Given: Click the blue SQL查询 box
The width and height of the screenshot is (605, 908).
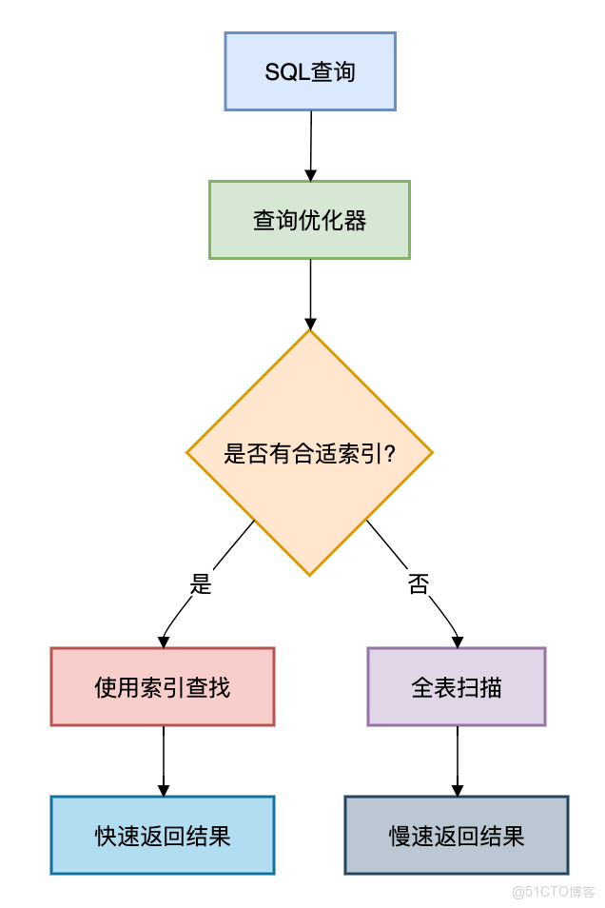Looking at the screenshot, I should [x=309, y=71].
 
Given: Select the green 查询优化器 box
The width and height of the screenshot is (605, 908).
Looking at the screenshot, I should [x=309, y=220].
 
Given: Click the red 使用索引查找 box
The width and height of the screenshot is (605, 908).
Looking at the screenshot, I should [x=162, y=686].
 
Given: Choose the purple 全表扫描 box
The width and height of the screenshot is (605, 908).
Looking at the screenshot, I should [x=457, y=686].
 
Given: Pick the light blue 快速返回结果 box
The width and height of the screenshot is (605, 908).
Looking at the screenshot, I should [x=162, y=835].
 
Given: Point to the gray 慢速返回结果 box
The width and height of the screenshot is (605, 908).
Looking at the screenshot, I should [x=457, y=835].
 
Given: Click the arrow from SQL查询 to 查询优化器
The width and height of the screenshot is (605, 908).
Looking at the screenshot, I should [x=310, y=143].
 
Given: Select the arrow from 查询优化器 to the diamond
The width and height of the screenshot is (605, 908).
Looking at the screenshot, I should [x=309, y=290].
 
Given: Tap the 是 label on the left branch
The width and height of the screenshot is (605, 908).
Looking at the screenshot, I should [x=201, y=584].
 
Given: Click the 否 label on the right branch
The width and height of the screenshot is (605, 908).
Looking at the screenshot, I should [x=419, y=584].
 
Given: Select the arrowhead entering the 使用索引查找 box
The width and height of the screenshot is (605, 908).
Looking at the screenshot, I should [x=164, y=641].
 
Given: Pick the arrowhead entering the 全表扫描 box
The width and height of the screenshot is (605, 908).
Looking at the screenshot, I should [x=459, y=641].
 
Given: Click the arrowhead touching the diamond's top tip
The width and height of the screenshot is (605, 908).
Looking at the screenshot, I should [x=309, y=323].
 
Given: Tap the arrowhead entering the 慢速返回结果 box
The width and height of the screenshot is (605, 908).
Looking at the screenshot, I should [x=458, y=790].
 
